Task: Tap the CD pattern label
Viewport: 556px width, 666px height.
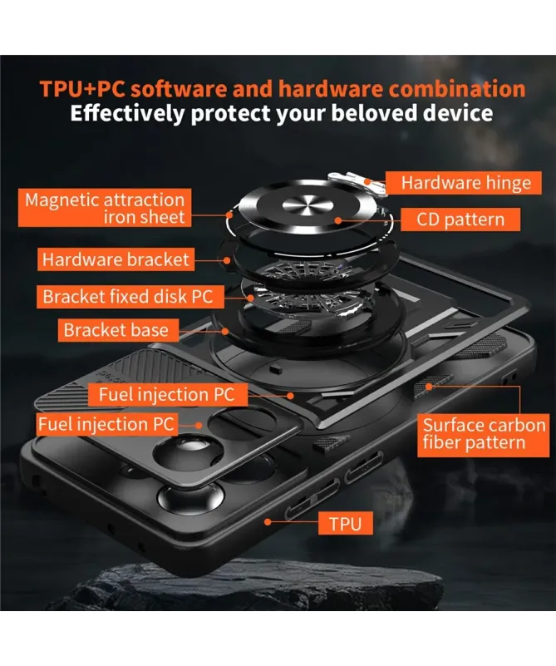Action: (x=460, y=220)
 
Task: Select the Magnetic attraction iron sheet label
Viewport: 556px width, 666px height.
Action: (x=105, y=208)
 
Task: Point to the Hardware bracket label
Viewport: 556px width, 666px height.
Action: (x=116, y=259)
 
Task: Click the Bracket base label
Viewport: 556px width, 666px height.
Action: (x=118, y=330)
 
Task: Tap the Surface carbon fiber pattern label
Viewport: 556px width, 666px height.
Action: (x=484, y=434)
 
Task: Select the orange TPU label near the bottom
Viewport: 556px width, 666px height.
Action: (x=346, y=523)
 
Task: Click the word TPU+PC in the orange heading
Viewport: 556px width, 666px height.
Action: (x=82, y=89)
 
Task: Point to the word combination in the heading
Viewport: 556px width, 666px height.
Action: (x=456, y=89)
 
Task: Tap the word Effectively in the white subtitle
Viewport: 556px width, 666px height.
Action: (x=128, y=114)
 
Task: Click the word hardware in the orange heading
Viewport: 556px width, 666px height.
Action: (x=331, y=89)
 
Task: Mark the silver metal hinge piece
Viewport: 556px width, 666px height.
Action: (x=360, y=182)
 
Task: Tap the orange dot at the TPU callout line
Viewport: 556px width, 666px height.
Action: (x=268, y=521)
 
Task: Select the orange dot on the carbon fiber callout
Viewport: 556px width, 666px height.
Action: (x=429, y=387)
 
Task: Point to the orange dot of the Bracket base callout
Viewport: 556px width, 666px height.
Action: (x=226, y=330)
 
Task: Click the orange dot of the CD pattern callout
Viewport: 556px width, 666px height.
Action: (x=338, y=220)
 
